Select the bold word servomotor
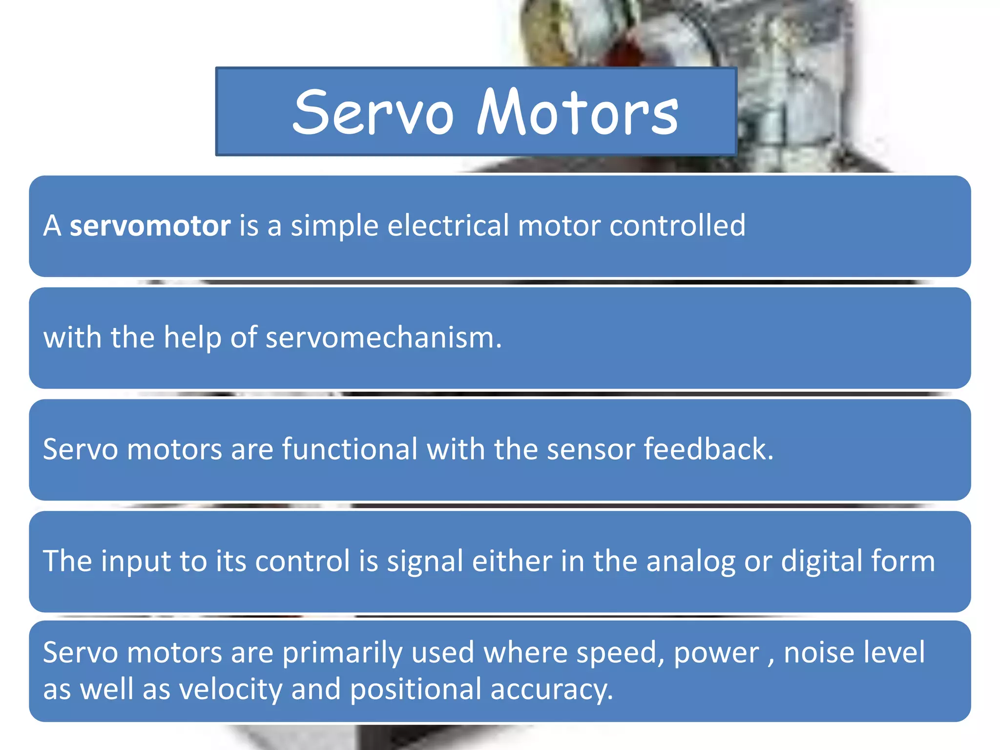(150, 226)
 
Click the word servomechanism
(383, 337)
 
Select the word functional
(350, 449)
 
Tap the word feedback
(708, 449)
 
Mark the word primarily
(342, 652)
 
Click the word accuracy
(551, 689)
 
